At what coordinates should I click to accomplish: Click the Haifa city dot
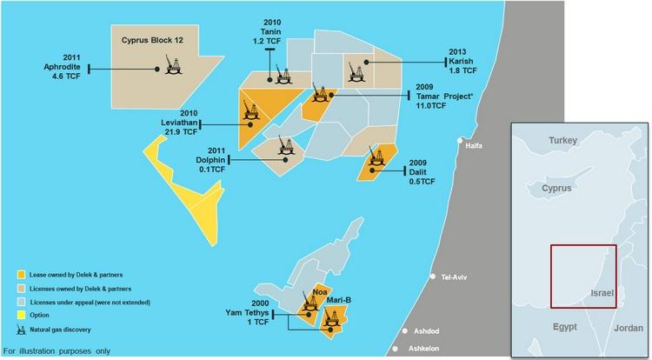coord(460,139)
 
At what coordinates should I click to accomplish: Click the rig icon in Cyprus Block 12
coord(172,65)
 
